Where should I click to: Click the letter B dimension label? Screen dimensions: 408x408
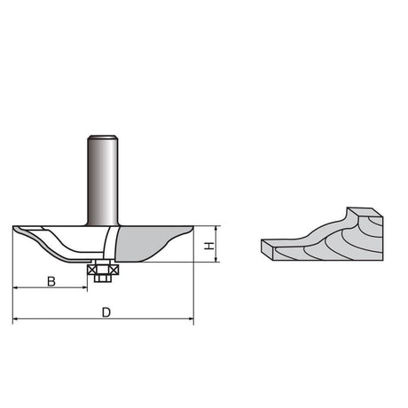(51, 281)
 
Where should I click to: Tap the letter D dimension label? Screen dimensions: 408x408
(106, 312)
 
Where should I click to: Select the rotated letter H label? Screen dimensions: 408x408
(209, 246)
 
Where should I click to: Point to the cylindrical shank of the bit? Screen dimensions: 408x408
(103, 180)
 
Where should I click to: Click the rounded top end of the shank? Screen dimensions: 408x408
(103, 137)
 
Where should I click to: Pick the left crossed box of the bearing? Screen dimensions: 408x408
(91, 270)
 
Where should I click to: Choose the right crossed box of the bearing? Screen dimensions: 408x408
(114, 270)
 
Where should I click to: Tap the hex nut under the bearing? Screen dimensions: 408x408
(103, 279)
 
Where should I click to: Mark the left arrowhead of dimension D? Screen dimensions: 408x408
(15, 318)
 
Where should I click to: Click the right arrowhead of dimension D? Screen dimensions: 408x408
(191, 318)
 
